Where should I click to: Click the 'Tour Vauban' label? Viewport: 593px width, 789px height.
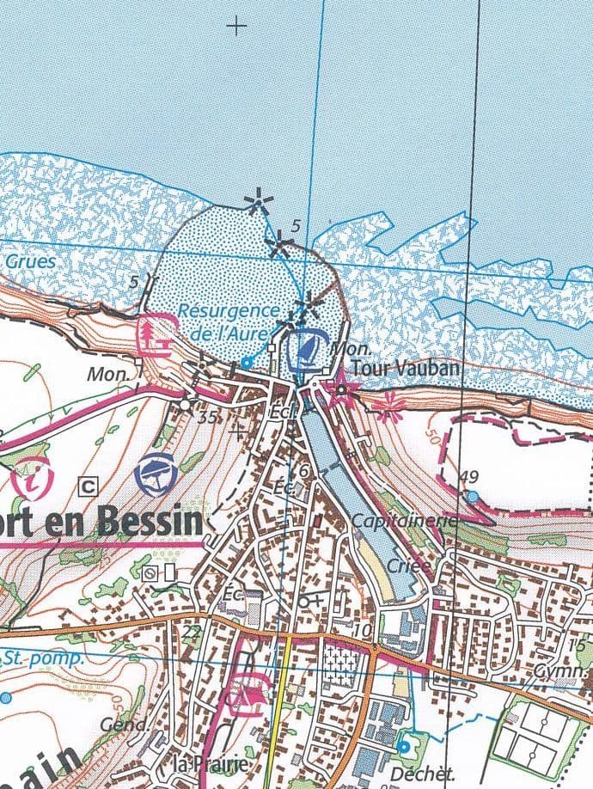click(x=407, y=368)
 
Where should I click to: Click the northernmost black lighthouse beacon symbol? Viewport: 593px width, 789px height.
click(x=256, y=204)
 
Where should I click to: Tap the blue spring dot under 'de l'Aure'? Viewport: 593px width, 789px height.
click(x=247, y=363)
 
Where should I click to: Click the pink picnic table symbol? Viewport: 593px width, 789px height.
click(x=156, y=334)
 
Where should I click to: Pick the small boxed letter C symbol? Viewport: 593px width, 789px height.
click(x=87, y=486)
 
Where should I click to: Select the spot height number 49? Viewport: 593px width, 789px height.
click(x=468, y=478)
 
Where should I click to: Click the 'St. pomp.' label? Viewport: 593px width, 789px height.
click(x=42, y=658)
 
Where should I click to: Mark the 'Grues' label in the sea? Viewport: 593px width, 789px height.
click(x=29, y=261)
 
